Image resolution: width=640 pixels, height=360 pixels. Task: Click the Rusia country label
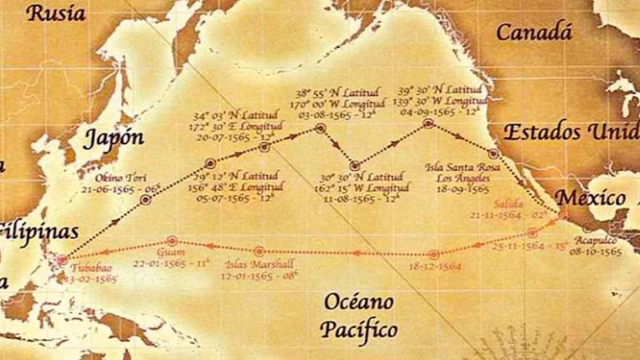[x=56, y=12]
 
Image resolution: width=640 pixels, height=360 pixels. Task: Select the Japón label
[x=113, y=138]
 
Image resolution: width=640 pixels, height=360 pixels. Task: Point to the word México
[x=590, y=198]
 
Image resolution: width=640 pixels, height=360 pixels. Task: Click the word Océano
[x=359, y=301]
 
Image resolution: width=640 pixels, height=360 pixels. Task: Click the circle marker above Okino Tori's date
[x=145, y=199]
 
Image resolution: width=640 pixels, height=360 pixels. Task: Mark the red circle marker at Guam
[x=172, y=240]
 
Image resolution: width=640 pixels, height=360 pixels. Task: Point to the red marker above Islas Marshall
[x=260, y=251]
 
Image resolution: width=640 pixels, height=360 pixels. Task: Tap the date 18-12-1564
[x=435, y=267]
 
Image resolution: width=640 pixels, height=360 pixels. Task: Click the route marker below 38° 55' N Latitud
[x=319, y=129]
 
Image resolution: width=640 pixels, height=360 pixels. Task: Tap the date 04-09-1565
[x=429, y=111]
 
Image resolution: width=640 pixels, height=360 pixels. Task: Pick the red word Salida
[x=508, y=204]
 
